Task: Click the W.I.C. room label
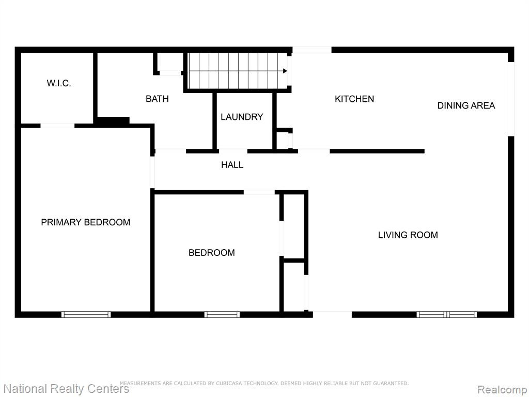pos(59,83)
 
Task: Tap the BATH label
pos(157,99)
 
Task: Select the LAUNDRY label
pos(242,117)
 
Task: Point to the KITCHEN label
pos(354,99)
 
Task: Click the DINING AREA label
pos(466,105)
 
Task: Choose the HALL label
pos(232,165)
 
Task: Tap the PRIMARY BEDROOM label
pos(85,222)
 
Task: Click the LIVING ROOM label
pos(408,235)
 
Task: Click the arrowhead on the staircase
pos(285,71)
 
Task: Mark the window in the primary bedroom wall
pos(86,315)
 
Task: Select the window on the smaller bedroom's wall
pos(222,315)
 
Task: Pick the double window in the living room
pos(447,315)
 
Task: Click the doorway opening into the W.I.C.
pos(57,126)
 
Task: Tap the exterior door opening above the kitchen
pos(312,50)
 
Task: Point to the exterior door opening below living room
pos(332,315)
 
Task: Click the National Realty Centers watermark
pos(66,389)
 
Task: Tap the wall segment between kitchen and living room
pos(377,151)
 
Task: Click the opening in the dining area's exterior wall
pos(511,99)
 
